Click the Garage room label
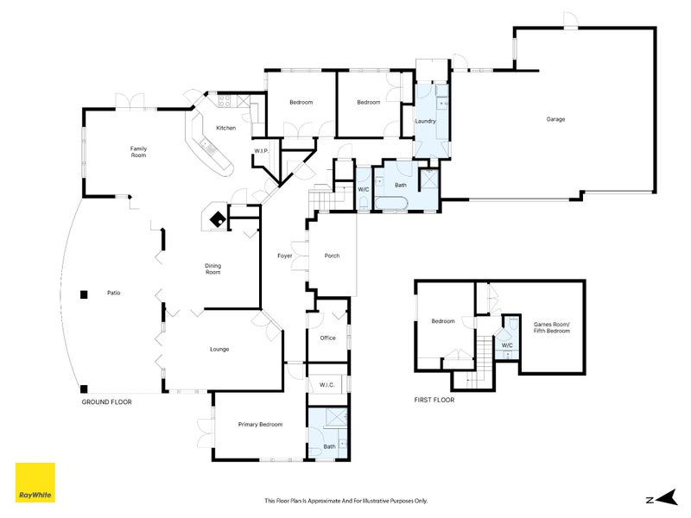(x=555, y=119)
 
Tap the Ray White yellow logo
(x=35, y=483)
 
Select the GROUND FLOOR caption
(x=106, y=401)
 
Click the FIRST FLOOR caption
(x=434, y=400)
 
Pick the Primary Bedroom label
(x=260, y=424)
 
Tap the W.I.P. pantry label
(x=262, y=151)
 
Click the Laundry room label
(x=425, y=121)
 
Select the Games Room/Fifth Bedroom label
(x=552, y=327)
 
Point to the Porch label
(x=332, y=256)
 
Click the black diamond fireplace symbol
(x=218, y=219)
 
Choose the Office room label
(x=327, y=338)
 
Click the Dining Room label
(x=212, y=268)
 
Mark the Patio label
(x=114, y=293)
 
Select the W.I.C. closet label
(x=327, y=384)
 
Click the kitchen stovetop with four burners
(x=224, y=101)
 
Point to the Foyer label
(x=285, y=256)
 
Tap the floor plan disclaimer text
(x=346, y=501)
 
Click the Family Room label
(x=138, y=152)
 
